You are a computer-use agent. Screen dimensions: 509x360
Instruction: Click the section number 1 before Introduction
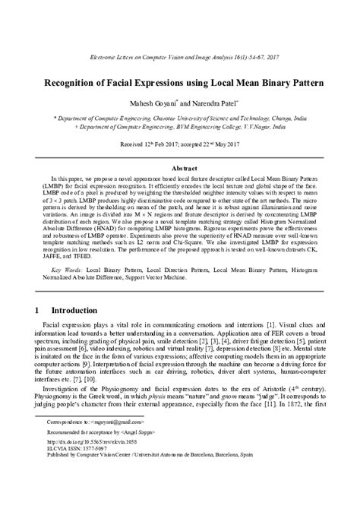(x=37, y=311)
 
